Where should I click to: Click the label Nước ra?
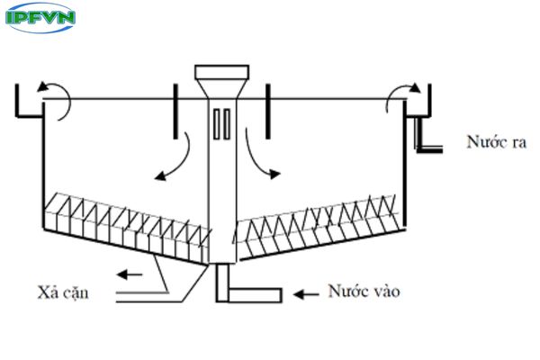pos(495,141)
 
